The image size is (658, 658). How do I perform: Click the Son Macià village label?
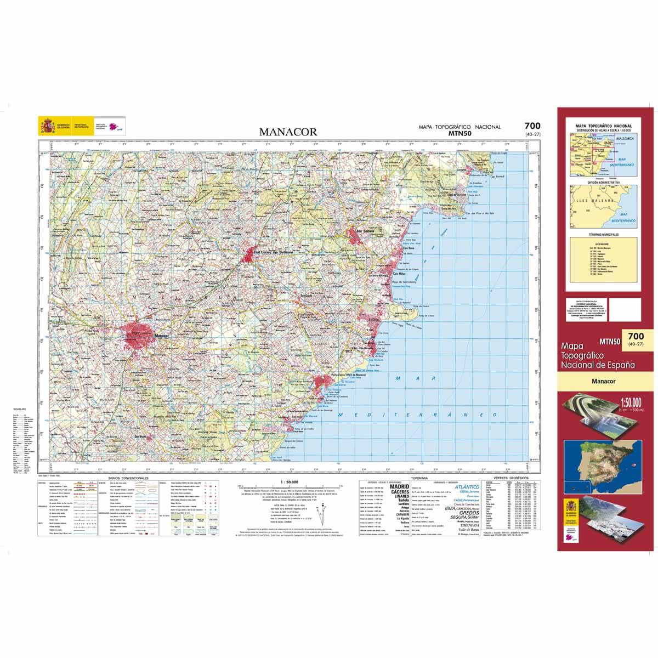pos(141,436)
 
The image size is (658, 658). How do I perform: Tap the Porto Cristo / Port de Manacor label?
pos(344,375)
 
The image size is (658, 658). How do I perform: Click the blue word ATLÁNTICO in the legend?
pos(468,487)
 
